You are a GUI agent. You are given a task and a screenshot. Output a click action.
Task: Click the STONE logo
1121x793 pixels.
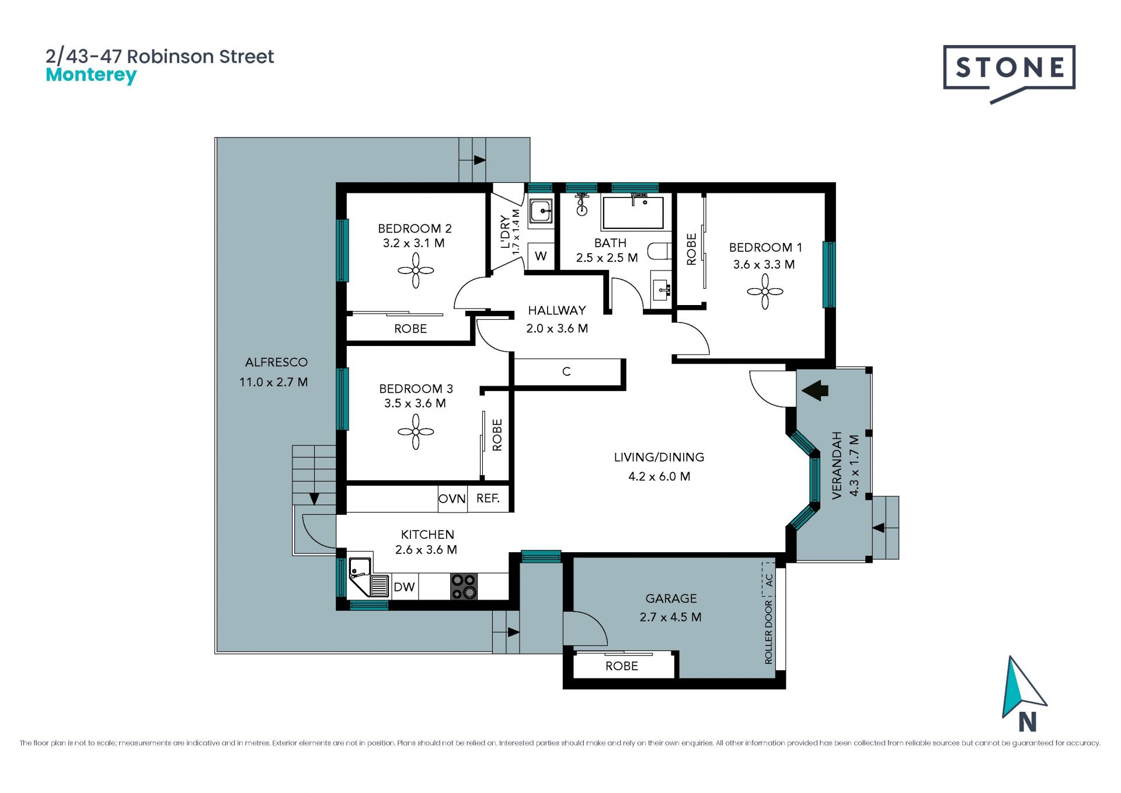(1009, 74)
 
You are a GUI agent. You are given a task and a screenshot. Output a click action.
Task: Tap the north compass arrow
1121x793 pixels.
(1023, 687)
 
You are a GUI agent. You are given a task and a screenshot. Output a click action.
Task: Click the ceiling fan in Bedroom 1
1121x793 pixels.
(765, 292)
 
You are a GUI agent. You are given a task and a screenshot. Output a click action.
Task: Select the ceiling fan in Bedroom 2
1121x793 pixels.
(416, 271)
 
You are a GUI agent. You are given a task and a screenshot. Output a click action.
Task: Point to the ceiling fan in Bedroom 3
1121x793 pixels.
(416, 432)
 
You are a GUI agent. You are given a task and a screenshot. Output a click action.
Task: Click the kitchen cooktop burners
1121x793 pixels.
(464, 587)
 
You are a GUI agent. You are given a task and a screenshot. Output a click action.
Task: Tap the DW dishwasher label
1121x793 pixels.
(404, 587)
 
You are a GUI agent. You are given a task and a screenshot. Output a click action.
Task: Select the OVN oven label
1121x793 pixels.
(452, 498)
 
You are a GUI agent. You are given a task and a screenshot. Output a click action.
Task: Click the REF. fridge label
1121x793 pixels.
(488, 498)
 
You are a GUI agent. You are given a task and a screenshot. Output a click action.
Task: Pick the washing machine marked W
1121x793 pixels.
(541, 255)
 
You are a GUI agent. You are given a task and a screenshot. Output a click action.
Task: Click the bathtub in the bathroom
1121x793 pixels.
(633, 212)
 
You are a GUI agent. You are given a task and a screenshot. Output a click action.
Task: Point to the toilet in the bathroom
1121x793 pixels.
(660, 251)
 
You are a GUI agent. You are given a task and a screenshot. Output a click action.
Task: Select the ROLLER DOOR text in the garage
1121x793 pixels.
(768, 632)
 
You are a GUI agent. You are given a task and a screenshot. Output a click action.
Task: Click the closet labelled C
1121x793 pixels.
(566, 372)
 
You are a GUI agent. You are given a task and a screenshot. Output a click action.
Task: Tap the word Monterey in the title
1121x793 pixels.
(91, 75)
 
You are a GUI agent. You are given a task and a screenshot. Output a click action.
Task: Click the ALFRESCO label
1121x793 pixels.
(276, 362)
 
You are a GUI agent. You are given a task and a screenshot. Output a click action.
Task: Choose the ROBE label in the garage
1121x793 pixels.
(622, 666)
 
